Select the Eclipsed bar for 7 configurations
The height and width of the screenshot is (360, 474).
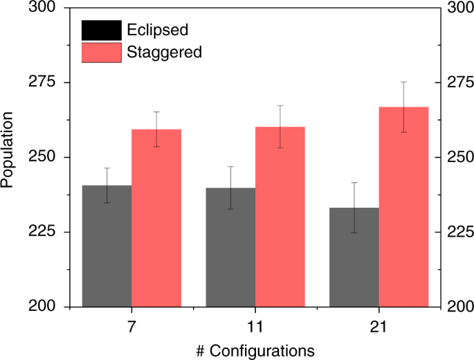tap(107, 246)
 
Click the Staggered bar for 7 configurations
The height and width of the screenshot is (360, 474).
tap(156, 218)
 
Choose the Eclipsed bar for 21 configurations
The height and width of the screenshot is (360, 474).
tap(354, 257)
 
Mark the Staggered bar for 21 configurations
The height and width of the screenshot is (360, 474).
tap(404, 207)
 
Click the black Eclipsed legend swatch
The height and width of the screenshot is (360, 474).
tap(101, 30)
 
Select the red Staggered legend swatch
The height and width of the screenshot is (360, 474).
tap(101, 52)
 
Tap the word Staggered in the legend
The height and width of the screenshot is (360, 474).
tap(164, 52)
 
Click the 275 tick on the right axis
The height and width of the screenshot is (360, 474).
tap(458, 82)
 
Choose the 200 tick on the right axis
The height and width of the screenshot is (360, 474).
tap(458, 307)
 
